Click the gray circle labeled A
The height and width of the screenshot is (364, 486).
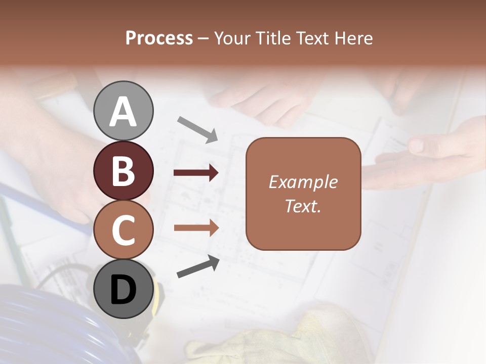(x=123, y=111)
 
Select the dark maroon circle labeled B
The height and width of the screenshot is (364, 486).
(x=123, y=170)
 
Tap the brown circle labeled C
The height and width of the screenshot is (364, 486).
(x=123, y=230)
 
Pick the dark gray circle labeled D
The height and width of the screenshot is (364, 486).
(x=123, y=289)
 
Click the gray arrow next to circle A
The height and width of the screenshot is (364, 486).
(x=197, y=129)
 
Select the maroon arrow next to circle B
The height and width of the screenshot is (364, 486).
(x=196, y=173)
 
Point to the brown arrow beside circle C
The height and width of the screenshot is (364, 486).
(x=196, y=227)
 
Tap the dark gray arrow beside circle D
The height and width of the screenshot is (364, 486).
(x=198, y=267)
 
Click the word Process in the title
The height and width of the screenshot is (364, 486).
(x=159, y=38)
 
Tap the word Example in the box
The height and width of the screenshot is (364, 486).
(x=303, y=182)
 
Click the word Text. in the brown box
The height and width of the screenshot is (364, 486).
(x=303, y=206)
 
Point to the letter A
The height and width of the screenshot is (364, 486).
(x=123, y=112)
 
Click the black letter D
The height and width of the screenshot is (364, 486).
(x=123, y=290)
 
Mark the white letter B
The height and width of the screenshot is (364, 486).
(x=123, y=171)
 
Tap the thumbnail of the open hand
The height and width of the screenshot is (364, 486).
(x=416, y=147)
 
